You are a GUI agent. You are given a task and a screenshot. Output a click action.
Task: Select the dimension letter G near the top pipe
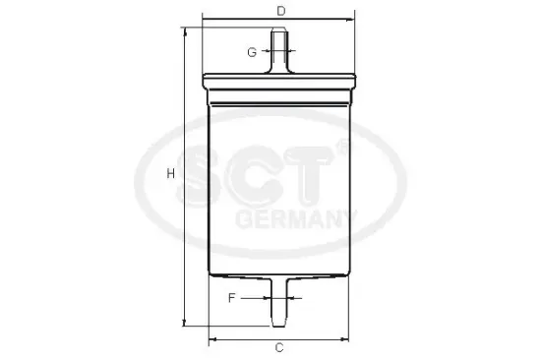click(x=252, y=50)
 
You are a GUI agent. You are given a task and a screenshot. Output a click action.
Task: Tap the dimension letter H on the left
click(x=170, y=173)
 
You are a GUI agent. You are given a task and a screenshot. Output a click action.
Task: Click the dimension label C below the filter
click(x=279, y=347)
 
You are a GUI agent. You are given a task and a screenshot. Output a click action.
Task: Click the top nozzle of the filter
click(x=281, y=49)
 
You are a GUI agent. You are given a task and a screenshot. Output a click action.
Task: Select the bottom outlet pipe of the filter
click(x=280, y=305)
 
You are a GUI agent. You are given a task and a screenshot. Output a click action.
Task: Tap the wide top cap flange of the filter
click(x=280, y=82)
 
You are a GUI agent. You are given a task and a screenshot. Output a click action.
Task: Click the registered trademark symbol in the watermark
click(x=341, y=148)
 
